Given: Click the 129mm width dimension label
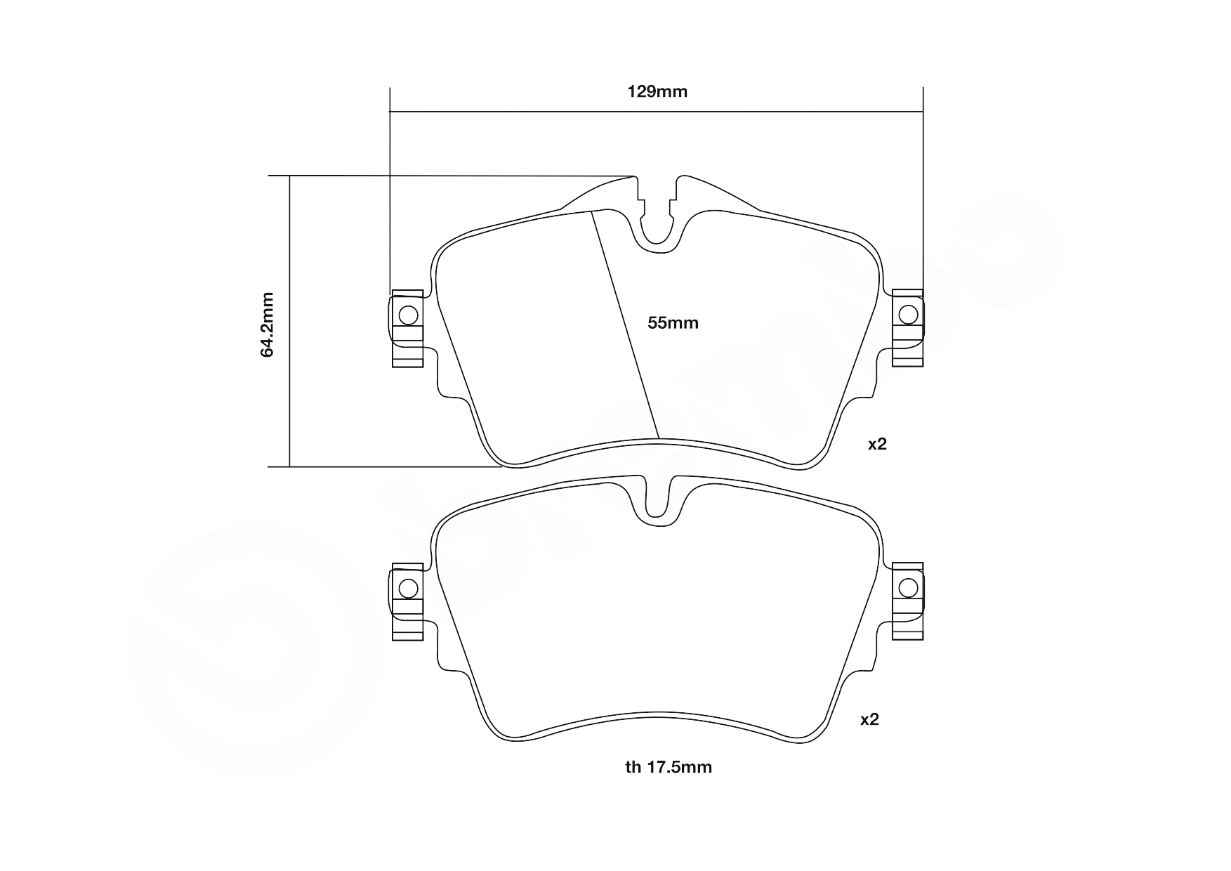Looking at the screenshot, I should [657, 91].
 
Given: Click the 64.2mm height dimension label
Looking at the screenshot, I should [268, 325].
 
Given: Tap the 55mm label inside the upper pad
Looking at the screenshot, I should [673, 323].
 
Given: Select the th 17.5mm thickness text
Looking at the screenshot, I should [669, 767].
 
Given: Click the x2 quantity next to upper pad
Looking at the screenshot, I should [877, 444].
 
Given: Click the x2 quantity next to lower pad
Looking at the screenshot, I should [869, 719].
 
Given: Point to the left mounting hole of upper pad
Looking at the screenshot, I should [407, 315].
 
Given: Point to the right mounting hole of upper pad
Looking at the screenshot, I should [908, 314].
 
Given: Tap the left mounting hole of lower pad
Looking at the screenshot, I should [407, 588].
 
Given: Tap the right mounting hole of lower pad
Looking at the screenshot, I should [908, 587].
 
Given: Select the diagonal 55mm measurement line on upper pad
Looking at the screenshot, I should [625, 323].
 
